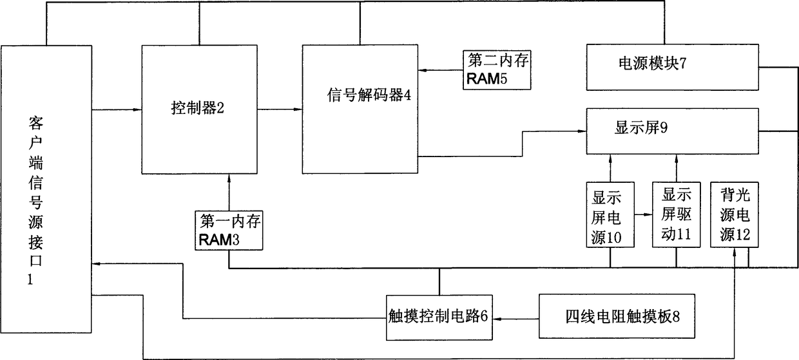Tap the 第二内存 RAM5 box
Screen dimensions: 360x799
pyautogui.click(x=496, y=70)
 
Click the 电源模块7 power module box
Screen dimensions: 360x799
pyautogui.click(x=672, y=66)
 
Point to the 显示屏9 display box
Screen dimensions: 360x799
pyautogui.click(x=672, y=131)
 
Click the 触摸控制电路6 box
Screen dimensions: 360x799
pyautogui.click(x=439, y=317)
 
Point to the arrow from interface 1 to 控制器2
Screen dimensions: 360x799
pyautogui.click(x=117, y=110)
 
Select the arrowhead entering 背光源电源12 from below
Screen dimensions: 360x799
pyautogui.click(x=735, y=254)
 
